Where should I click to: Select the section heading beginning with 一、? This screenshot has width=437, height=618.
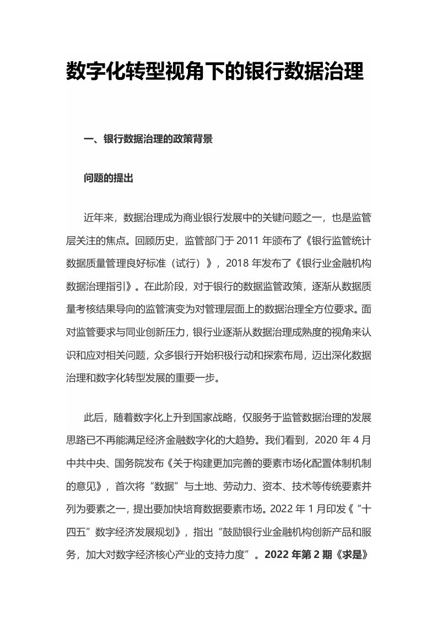click(x=148, y=140)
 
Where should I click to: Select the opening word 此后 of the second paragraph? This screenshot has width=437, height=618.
click(x=91, y=418)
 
